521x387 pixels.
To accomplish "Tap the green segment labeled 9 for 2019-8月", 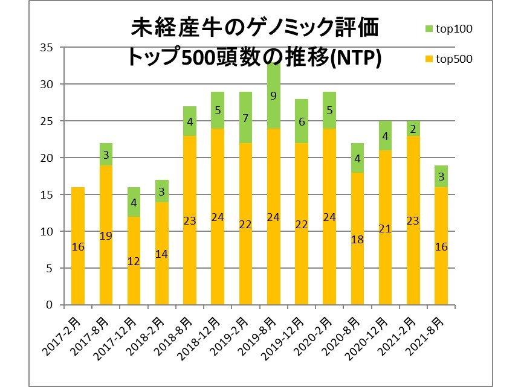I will click(x=273, y=95).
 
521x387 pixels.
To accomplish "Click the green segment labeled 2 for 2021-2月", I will click(x=412, y=129).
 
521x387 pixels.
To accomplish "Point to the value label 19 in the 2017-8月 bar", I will click(x=105, y=236).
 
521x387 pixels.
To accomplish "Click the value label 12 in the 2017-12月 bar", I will click(x=134, y=261).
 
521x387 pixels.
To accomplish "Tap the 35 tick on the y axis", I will click(x=46, y=48).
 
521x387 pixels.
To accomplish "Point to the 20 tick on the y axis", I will click(x=46, y=158).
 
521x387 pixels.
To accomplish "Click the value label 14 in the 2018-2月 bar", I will click(x=161, y=254).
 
